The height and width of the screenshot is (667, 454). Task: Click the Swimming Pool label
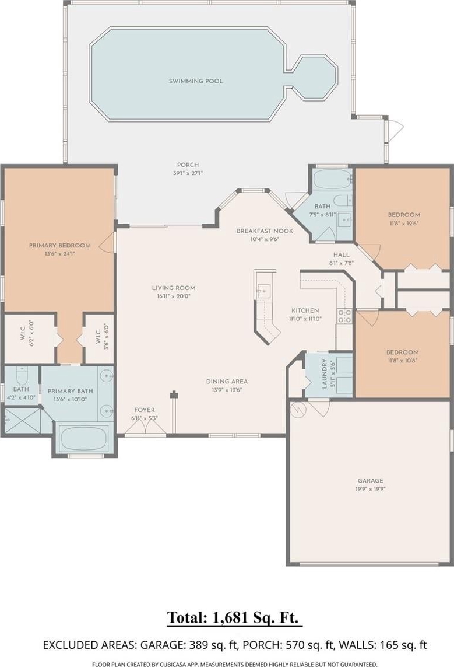point(196,81)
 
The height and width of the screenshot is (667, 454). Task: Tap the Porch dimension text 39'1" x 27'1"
point(188,173)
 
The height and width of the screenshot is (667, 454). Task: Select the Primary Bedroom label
point(60,246)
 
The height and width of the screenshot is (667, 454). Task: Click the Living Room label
point(174,288)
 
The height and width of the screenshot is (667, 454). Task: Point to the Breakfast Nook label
point(265,231)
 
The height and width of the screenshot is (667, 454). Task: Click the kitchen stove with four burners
point(344,316)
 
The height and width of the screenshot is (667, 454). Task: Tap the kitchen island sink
point(263,291)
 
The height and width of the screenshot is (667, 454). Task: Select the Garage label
point(370,481)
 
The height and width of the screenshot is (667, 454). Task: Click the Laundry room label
point(325,374)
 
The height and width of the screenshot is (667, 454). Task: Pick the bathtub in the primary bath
point(83,438)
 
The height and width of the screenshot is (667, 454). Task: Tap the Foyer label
point(145,410)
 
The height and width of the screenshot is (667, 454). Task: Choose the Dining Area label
point(227,382)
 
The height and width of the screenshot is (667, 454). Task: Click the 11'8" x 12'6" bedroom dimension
point(403,223)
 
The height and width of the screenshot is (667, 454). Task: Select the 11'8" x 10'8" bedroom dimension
point(402,360)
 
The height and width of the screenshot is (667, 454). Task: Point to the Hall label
point(342,255)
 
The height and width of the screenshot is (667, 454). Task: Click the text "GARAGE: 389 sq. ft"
point(202,645)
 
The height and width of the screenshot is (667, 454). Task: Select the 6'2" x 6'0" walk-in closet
point(29,338)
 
